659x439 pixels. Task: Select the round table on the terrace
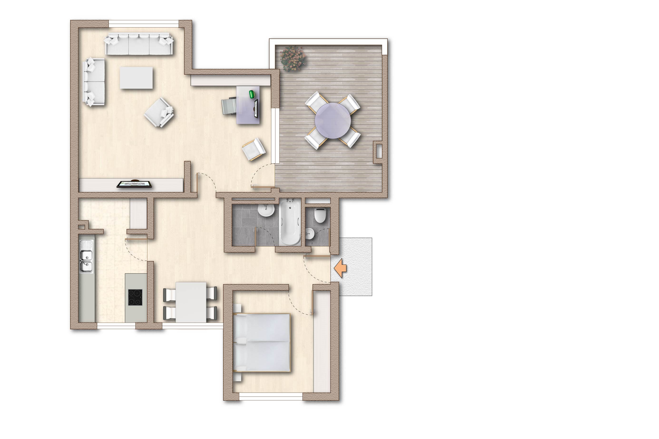click(x=332, y=120)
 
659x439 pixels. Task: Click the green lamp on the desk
click(x=252, y=94)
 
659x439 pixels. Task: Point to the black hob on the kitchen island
click(x=135, y=297)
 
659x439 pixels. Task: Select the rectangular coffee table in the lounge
click(x=136, y=78)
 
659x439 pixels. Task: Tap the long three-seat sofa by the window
click(x=139, y=44)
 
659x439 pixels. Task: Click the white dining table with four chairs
click(x=191, y=302)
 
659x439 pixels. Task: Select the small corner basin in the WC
click(x=310, y=233)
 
